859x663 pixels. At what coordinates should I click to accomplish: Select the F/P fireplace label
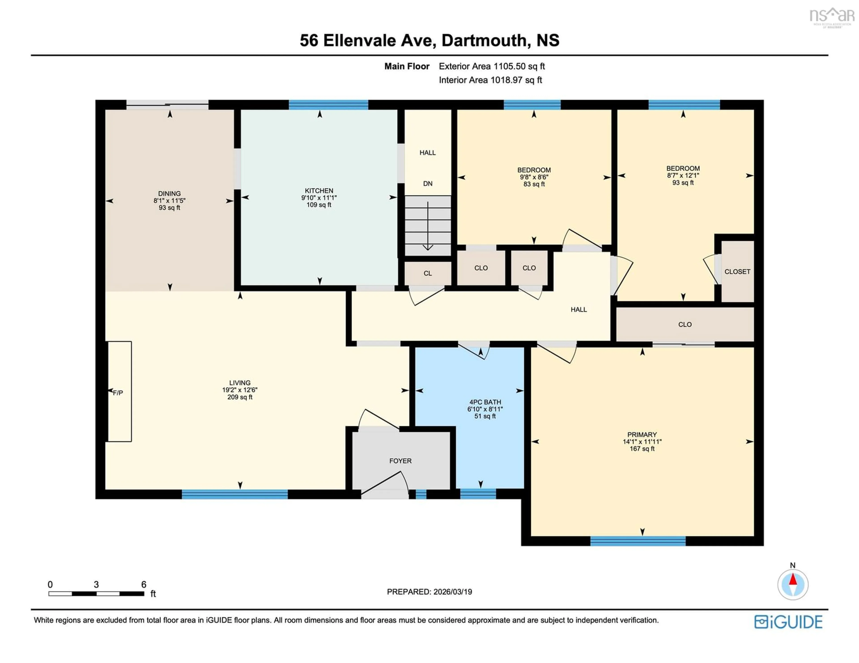pos(118,393)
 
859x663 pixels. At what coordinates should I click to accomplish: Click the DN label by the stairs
pos(427,184)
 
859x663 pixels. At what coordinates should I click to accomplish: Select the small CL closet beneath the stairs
pos(427,273)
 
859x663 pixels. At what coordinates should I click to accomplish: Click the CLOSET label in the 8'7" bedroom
pos(737,272)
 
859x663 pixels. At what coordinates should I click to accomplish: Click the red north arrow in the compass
pos(793,580)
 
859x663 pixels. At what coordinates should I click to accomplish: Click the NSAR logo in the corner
pos(831,17)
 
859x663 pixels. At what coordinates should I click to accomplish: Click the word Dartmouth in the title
pos(484,40)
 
